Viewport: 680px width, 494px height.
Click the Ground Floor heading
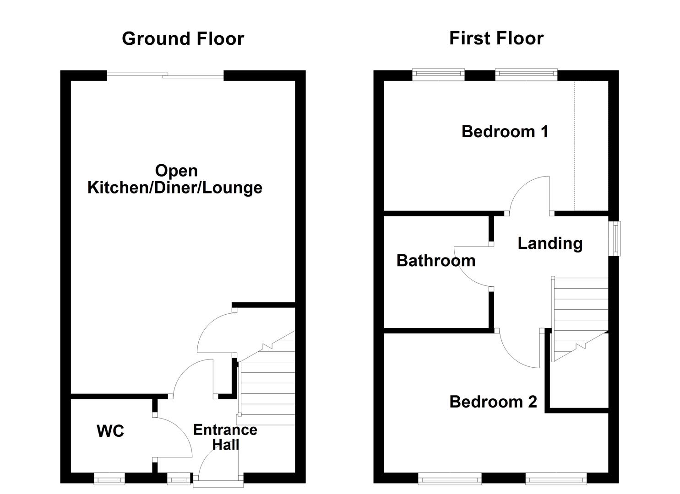coord(183,38)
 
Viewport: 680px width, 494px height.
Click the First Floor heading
coord(496,38)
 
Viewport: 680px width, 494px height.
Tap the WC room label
coord(110,431)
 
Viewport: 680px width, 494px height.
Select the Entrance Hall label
coord(225,437)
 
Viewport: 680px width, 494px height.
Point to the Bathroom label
coord(435,261)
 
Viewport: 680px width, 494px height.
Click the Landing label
coord(549,243)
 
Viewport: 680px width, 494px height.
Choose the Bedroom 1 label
coord(505,132)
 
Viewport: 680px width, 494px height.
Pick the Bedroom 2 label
coord(493,402)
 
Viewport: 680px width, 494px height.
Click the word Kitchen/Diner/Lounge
coord(175,188)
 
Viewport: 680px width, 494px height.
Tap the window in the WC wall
coord(109,479)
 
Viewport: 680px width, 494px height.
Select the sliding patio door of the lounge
coord(165,75)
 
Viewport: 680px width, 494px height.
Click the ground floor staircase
coord(267,384)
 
